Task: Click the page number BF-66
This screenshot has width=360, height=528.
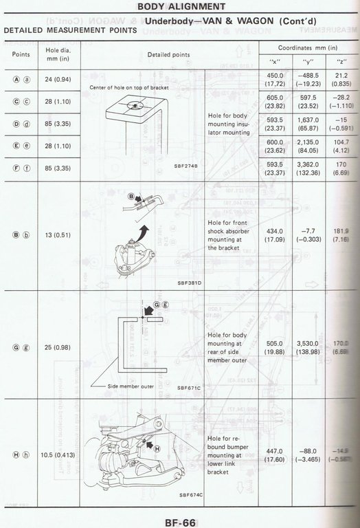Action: point(180,520)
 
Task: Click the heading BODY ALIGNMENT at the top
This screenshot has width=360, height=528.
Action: point(179,7)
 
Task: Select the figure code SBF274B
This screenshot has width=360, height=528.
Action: point(188,166)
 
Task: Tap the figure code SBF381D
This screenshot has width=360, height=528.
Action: point(188,283)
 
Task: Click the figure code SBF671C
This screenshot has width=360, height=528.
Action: point(188,388)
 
